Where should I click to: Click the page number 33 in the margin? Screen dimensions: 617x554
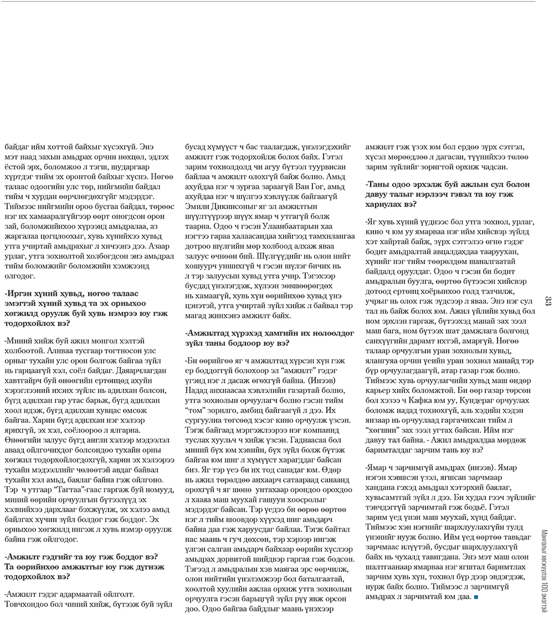547,301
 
